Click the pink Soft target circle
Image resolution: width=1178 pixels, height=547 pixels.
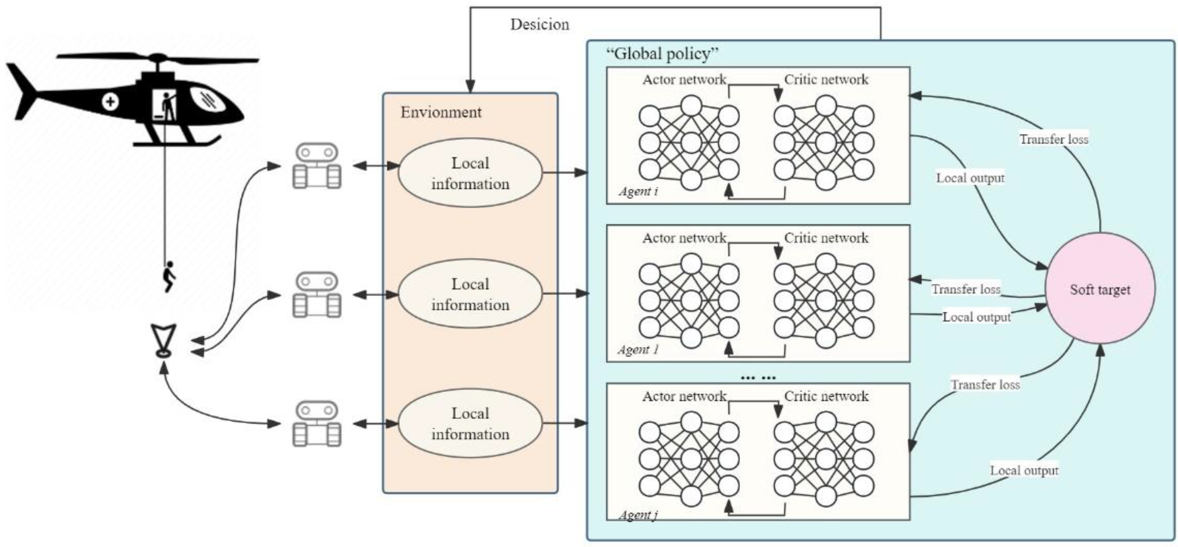point(1100,289)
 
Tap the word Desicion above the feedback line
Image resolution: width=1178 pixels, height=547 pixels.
point(540,24)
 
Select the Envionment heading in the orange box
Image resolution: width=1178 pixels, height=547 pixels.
point(441,112)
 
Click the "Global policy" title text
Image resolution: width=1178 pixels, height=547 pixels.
point(662,54)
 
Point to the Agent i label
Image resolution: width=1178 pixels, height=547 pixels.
point(638,191)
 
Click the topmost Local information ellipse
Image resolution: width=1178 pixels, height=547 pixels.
point(470,173)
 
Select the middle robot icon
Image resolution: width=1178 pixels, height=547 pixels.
point(316,295)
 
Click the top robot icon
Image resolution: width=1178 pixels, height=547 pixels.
point(316,166)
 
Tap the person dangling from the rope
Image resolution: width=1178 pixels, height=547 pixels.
point(169,276)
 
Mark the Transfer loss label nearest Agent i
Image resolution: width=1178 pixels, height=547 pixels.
point(1054,139)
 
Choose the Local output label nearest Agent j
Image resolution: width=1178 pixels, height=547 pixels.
point(1024,470)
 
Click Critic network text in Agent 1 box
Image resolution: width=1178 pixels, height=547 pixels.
point(826,238)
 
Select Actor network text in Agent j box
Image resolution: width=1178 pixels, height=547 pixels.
point(684,396)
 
